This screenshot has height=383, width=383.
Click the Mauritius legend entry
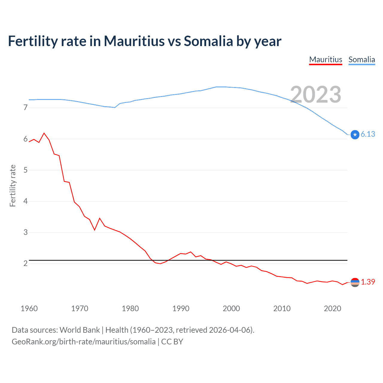(x=326, y=60)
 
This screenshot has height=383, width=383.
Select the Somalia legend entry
(x=361, y=60)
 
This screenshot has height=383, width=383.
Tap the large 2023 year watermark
(x=316, y=95)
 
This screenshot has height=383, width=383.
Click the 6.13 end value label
(x=368, y=134)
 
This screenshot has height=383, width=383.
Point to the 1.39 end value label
(x=368, y=282)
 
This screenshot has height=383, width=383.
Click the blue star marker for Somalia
(x=355, y=135)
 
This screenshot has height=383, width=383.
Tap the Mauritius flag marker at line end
(x=355, y=282)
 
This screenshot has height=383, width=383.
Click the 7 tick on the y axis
(x=25, y=107)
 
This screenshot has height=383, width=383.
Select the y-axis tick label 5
(x=25, y=170)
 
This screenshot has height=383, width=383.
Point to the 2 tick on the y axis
(x=25, y=263)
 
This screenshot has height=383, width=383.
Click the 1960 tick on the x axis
(x=29, y=308)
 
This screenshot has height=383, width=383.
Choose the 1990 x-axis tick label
(x=181, y=308)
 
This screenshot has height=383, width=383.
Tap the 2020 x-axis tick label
(x=332, y=308)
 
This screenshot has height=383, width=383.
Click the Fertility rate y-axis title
(x=13, y=186)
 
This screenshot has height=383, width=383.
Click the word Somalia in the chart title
(x=208, y=41)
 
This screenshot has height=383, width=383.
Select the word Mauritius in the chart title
(x=134, y=41)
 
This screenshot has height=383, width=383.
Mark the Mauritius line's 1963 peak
(x=44, y=133)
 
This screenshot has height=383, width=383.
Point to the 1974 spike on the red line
(x=100, y=218)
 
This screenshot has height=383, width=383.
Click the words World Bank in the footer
(x=80, y=330)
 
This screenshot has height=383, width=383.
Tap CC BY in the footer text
(x=172, y=342)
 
